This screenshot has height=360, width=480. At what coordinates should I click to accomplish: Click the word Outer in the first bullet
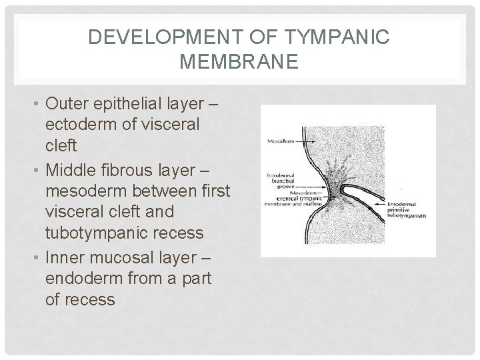click(65, 104)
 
